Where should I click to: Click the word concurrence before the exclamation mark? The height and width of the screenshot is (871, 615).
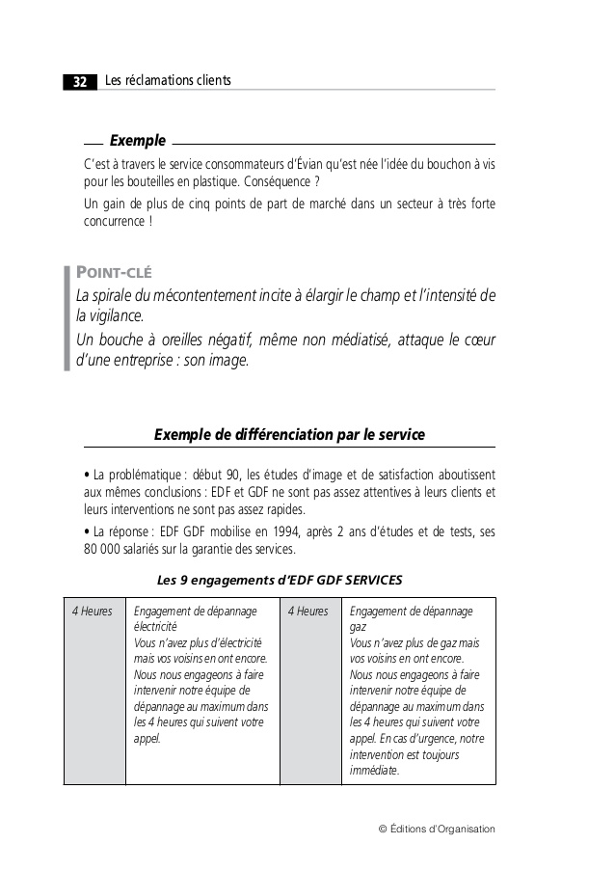click(x=111, y=222)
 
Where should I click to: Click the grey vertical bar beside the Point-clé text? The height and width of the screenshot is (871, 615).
click(x=67, y=318)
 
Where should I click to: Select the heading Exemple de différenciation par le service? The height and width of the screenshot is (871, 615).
click(x=289, y=435)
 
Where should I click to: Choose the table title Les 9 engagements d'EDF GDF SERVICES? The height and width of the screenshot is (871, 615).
click(x=280, y=580)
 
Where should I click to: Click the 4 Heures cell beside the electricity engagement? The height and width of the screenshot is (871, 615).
click(x=94, y=612)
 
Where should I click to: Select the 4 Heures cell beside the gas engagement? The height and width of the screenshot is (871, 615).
click(x=308, y=612)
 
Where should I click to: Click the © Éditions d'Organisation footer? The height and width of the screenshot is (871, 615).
click(x=438, y=829)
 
